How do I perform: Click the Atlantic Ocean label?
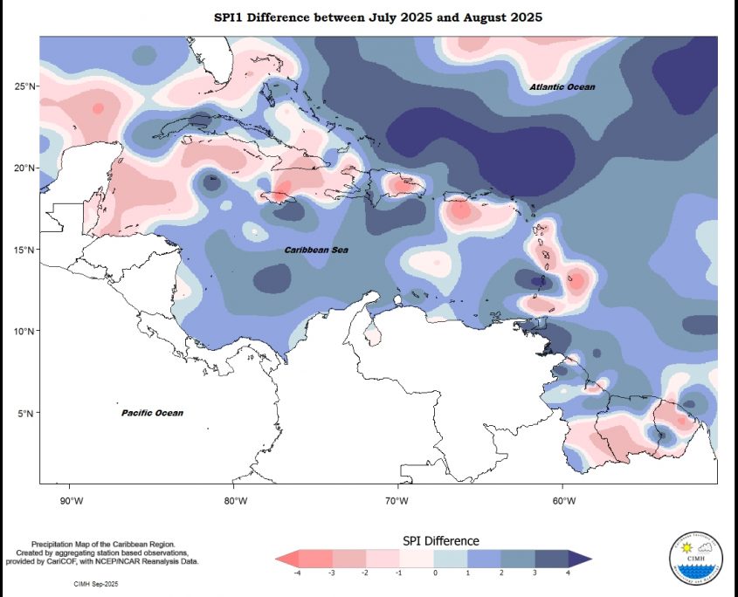tap(562, 87)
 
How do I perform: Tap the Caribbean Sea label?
tap(316, 250)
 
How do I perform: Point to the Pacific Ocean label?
tap(152, 413)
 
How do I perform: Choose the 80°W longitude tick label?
tap(235, 500)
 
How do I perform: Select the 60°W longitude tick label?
tap(563, 500)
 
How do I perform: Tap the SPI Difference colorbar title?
tap(440, 541)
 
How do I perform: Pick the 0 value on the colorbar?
tap(434, 573)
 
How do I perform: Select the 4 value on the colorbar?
tap(568, 573)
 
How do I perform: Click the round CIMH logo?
tap(696, 556)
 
